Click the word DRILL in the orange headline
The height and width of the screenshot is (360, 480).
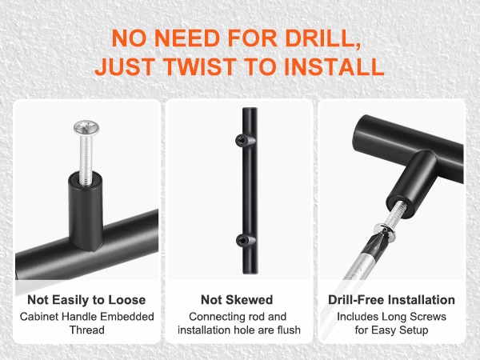322,38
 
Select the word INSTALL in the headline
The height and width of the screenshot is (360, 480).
334,66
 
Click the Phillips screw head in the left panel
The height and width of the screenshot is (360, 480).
86,128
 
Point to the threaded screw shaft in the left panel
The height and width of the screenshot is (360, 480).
86,159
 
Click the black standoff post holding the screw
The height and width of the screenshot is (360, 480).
86,211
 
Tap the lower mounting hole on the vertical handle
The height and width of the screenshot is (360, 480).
242,241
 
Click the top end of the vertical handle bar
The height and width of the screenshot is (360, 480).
250,110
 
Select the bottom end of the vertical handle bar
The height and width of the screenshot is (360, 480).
250,271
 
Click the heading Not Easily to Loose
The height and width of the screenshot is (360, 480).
86,300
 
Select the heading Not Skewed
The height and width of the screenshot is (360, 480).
237,300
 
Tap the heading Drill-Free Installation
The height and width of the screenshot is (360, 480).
391,300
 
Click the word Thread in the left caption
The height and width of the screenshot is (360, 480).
87,330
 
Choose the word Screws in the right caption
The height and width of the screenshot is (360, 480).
428,316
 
